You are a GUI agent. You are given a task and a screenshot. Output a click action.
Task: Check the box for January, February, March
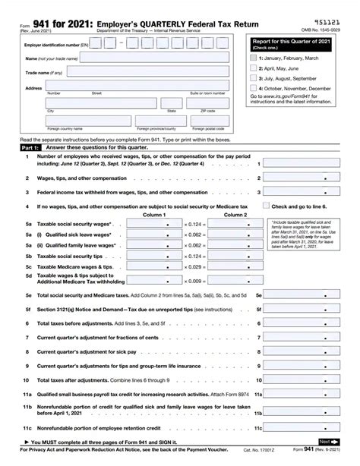[254, 57]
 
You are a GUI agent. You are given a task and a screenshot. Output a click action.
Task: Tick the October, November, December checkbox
[254, 87]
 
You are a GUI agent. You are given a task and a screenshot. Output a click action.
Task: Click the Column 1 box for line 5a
[153, 225]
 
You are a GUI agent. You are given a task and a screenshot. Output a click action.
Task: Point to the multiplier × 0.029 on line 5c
[194, 267]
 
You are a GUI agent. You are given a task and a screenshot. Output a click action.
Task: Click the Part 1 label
[17, 148]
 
